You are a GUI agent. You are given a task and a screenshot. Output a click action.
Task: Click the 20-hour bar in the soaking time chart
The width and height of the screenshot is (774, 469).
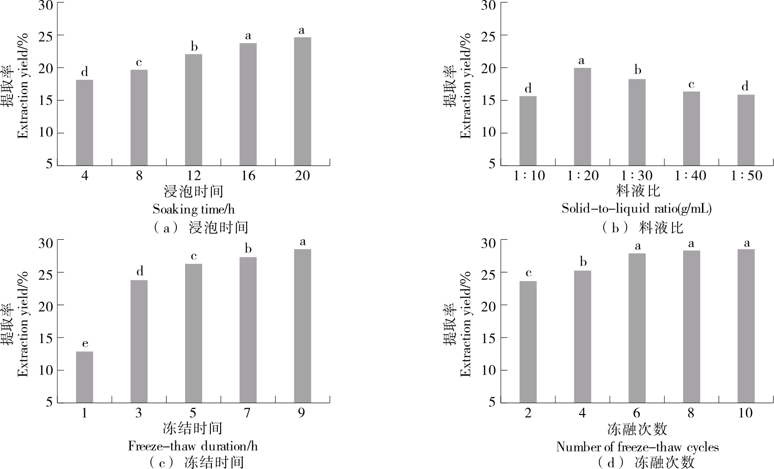302,101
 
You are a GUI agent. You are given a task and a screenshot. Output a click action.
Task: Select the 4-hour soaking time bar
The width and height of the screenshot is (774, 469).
84,123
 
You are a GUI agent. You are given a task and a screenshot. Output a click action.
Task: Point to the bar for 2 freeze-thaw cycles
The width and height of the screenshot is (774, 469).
528,342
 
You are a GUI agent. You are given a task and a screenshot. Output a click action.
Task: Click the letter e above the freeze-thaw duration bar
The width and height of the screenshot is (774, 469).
85,344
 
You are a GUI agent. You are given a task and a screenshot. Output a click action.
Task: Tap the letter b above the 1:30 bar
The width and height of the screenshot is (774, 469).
637,70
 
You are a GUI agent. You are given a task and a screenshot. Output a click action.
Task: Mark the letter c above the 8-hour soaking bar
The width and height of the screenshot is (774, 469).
139,62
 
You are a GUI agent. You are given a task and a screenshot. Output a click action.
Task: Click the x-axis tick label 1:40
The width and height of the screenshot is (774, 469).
690,176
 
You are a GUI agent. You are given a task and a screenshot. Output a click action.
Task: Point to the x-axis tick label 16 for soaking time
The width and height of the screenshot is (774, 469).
248,176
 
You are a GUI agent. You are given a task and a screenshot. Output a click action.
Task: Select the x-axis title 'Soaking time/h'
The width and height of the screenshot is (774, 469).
193,209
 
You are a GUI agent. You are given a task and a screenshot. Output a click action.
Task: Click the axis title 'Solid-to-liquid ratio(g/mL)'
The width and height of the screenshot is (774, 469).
636,208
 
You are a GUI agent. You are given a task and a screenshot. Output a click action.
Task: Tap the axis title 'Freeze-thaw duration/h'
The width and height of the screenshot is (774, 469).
192,446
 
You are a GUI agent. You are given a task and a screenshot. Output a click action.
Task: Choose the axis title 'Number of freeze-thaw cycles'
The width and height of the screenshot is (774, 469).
637,447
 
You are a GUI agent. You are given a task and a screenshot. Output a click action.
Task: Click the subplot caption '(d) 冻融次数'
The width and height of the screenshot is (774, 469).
646,462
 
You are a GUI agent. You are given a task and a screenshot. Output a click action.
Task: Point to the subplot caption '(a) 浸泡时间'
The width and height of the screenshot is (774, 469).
199,227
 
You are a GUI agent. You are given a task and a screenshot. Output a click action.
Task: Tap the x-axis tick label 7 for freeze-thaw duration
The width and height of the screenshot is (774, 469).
247,413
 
